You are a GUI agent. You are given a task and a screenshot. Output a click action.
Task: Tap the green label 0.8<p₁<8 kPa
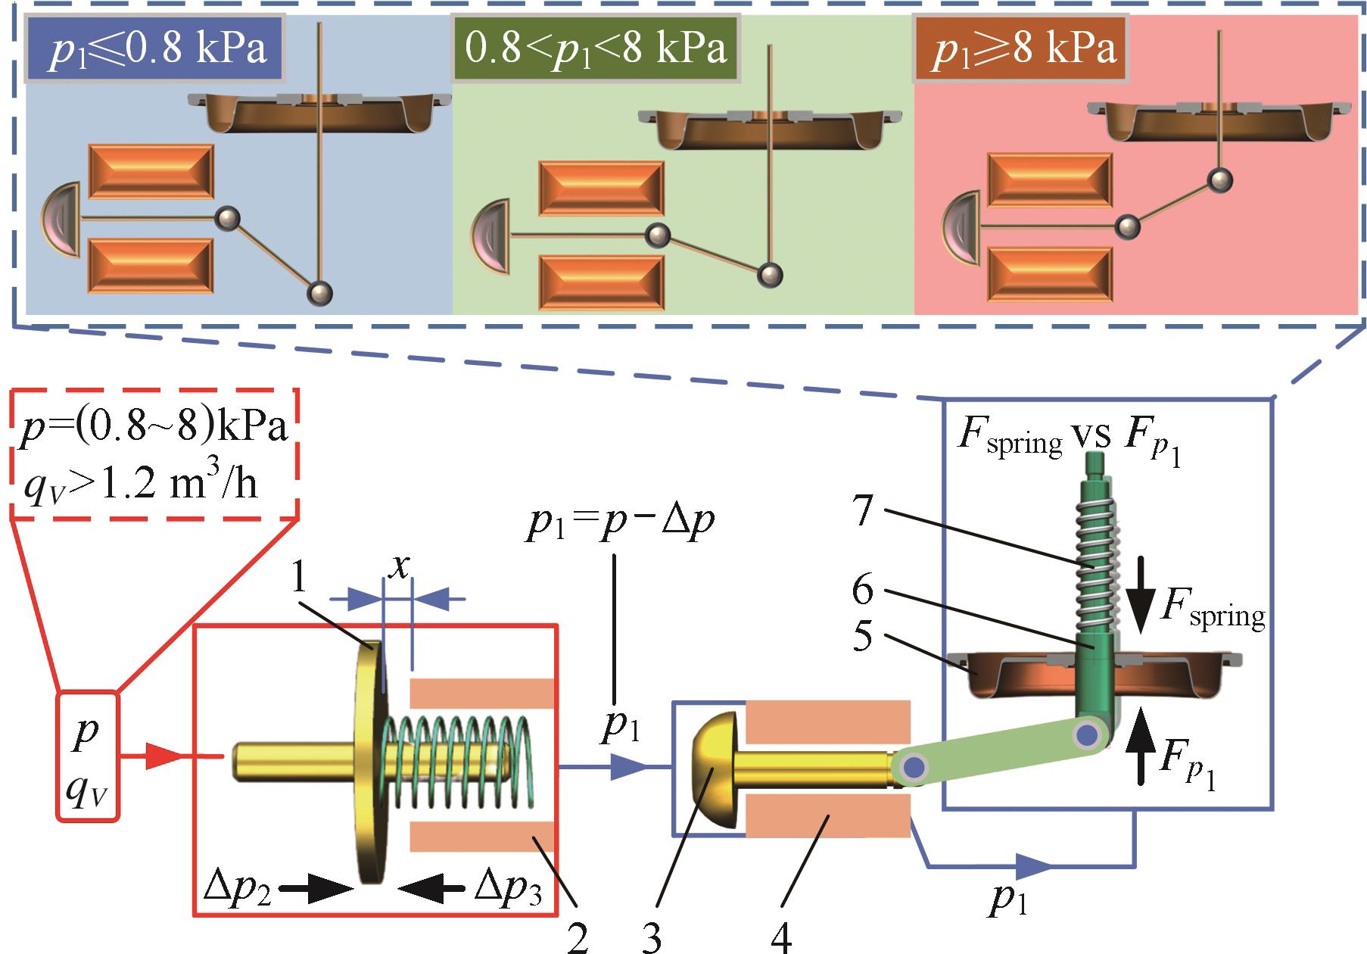tap(595, 49)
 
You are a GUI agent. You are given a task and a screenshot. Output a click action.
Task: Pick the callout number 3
tap(650, 937)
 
